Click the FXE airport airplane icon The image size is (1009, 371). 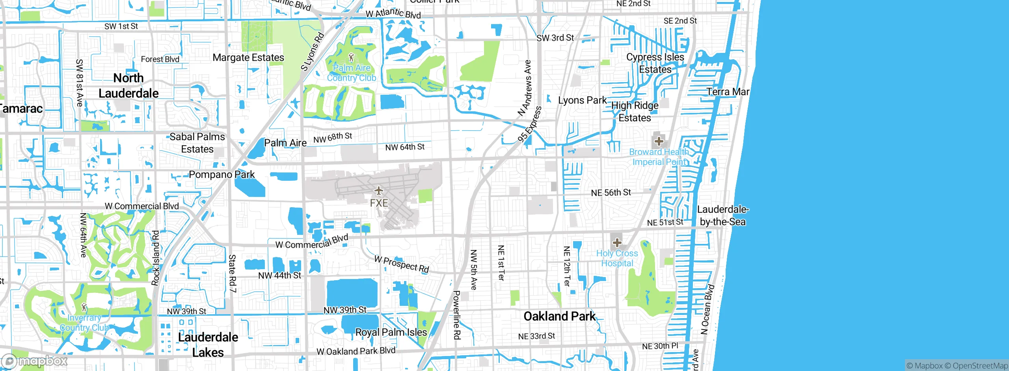coord(379,191)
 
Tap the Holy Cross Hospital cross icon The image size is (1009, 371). coord(617,242)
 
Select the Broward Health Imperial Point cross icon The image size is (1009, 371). coord(659,141)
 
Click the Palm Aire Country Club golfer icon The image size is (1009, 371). coord(351,58)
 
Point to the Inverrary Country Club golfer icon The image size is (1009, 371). coord(84,307)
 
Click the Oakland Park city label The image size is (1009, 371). coord(560,317)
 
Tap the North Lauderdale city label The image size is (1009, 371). coord(128,86)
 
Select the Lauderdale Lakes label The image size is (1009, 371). coord(208,345)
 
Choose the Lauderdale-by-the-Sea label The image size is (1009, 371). coord(722,215)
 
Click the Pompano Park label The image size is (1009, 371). coord(222,174)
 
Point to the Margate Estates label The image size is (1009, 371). coord(248,58)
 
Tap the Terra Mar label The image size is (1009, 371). coord(728,92)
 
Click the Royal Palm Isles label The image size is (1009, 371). coord(391,332)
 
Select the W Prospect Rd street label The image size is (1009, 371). coord(402,264)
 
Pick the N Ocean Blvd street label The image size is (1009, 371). coord(708,309)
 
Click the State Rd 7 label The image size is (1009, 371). coord(233,274)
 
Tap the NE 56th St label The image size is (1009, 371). coord(611,193)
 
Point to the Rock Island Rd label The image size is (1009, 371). coord(156,258)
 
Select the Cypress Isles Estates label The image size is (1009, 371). coord(655,63)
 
